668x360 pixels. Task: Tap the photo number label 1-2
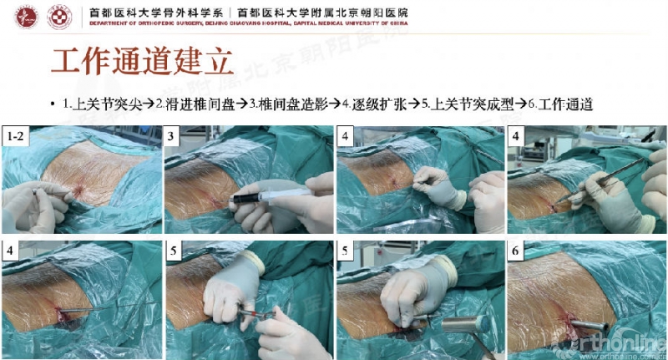[x=16, y=135]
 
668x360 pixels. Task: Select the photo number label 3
[x=173, y=135]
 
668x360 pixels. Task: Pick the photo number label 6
[x=516, y=251]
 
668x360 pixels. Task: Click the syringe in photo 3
[x=271, y=198]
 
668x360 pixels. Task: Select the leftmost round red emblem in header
[x=27, y=17]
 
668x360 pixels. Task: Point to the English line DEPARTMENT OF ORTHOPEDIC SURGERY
[x=142, y=25]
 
